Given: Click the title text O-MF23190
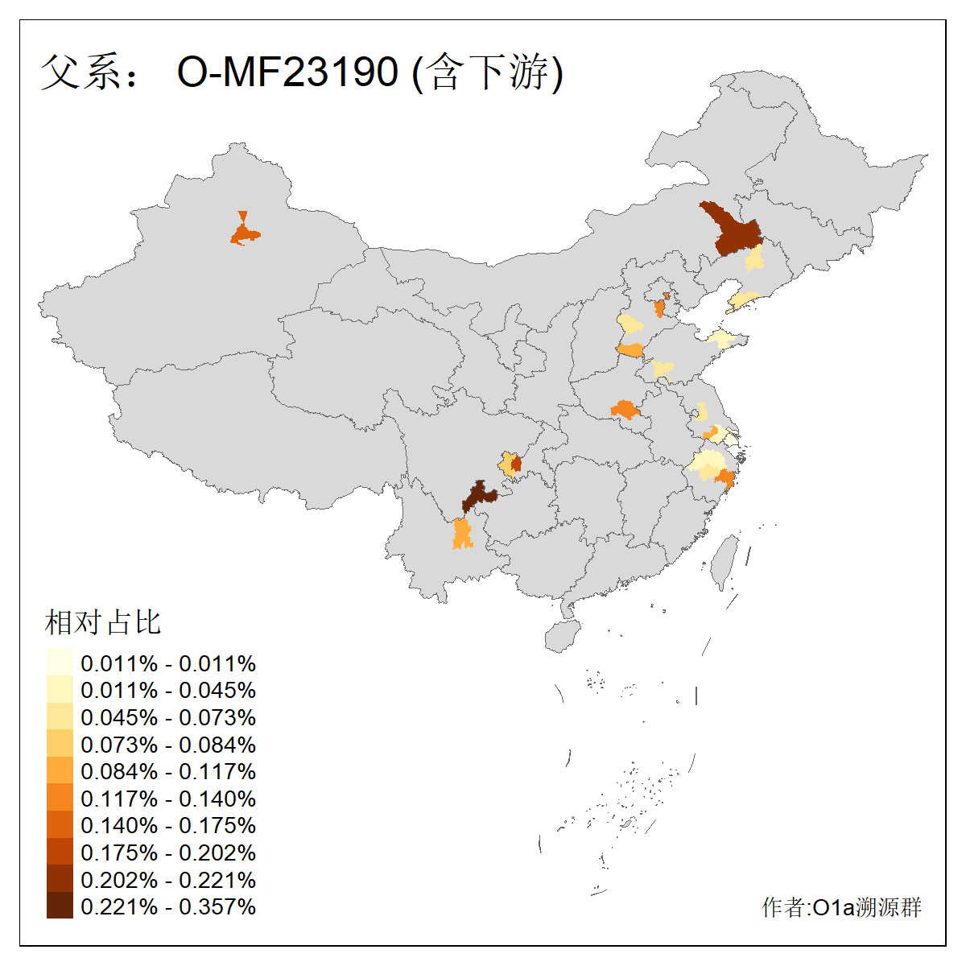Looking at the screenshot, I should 287,72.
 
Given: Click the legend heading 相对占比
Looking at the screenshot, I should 103,622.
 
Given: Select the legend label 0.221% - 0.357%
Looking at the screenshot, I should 168,907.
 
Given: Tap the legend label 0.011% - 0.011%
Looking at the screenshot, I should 168,664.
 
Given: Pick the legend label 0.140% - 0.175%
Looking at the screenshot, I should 168,826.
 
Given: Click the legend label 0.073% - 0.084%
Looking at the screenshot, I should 168,745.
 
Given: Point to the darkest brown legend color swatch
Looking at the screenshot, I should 60,906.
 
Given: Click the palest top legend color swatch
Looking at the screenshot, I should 60,663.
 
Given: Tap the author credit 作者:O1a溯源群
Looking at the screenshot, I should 841,908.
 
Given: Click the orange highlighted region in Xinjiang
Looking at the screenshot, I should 244,234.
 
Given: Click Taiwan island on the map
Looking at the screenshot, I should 725,559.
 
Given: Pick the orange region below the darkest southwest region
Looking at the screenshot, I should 461,534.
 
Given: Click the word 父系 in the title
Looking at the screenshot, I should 80,72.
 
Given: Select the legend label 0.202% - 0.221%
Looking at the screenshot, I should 168,880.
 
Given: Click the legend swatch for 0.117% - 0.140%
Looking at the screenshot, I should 60,799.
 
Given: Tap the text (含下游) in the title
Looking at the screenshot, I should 488,72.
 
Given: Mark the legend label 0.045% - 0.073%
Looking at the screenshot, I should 168,718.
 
